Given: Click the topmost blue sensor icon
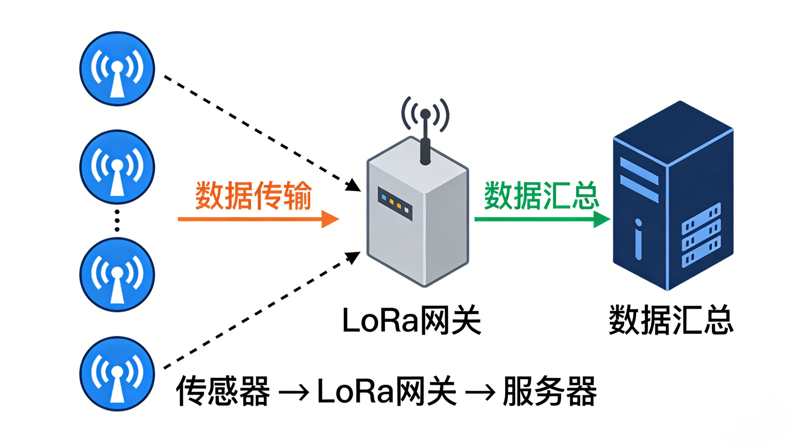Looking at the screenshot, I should (117, 69).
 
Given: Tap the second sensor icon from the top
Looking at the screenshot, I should (117, 167).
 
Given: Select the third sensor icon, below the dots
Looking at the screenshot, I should (117, 275).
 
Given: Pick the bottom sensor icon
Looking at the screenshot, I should (117, 374).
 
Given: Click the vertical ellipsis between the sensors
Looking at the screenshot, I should (117, 221).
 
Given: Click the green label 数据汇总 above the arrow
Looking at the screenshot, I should (541, 196).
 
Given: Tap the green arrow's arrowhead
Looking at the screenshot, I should (601, 219).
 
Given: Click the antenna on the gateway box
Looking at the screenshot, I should (425, 139).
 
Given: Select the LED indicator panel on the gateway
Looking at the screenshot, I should (395, 204).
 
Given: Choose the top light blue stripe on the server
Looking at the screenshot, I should (639, 171).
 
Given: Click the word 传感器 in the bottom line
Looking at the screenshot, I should (223, 391).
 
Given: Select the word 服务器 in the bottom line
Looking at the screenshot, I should (550, 391).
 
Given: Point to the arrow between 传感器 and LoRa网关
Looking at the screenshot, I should (294, 393).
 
